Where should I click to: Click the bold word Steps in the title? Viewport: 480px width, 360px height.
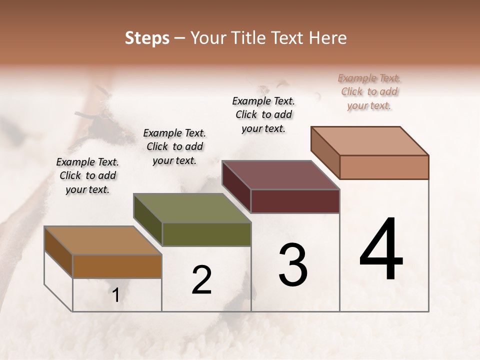point(147,38)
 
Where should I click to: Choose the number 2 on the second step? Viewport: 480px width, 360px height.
point(201,280)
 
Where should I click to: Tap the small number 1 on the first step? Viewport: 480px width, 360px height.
point(116,295)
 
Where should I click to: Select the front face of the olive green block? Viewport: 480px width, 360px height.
point(206,234)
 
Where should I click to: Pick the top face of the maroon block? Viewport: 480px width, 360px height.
point(280,175)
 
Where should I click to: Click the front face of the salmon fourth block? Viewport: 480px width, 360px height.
point(384,167)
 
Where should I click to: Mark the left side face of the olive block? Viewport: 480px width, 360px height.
point(148,219)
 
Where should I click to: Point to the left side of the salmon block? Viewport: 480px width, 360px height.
point(325,153)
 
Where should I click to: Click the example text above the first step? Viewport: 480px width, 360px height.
point(87,175)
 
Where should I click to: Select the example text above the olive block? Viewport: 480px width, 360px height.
point(174,146)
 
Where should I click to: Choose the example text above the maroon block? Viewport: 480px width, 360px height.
point(263,114)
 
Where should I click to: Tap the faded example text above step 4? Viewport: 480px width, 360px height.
point(369,91)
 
